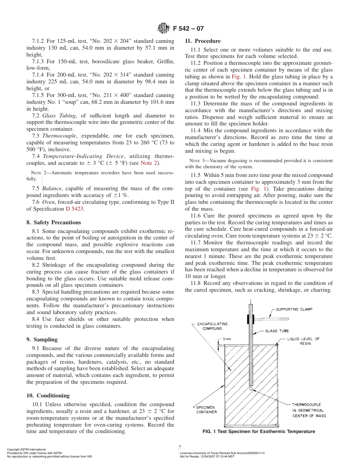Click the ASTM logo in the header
(163, 28)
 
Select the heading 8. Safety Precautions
(54, 222)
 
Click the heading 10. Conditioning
(48, 396)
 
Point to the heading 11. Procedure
(202, 41)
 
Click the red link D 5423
(75, 209)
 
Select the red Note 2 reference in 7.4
(150, 163)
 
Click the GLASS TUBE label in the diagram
(277, 331)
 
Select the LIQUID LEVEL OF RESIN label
(303, 341)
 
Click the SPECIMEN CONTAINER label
(207, 410)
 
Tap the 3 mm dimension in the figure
(227, 339)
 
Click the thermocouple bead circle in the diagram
(251, 389)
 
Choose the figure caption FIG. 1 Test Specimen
(258, 432)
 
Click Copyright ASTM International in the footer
(26, 449)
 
